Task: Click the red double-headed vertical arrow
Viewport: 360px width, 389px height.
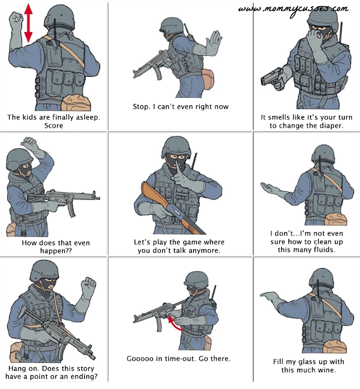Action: (x=29, y=23)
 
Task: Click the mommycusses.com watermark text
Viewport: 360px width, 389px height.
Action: (x=293, y=10)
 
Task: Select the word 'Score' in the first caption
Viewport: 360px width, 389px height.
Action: (x=53, y=126)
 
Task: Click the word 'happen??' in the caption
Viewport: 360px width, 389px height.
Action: (x=56, y=251)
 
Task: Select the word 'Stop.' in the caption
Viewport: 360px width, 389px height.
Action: (x=141, y=107)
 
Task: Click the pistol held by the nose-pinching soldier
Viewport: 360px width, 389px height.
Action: (x=273, y=78)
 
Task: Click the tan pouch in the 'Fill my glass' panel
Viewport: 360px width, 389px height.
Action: (x=335, y=346)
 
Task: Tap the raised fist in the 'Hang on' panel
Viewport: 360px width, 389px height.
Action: (x=88, y=286)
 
